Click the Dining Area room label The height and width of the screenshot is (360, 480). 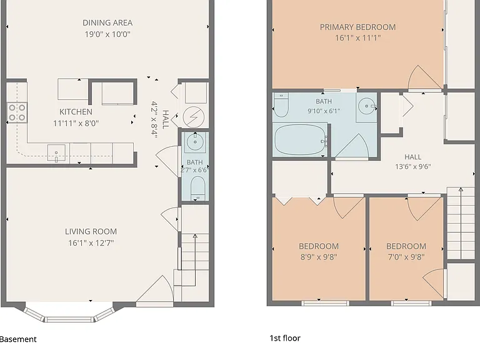click(x=107, y=23)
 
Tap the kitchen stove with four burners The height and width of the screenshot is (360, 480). click(x=17, y=112)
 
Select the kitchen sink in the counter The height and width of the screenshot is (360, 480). click(x=56, y=153)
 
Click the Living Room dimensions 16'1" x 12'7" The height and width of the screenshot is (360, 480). click(x=91, y=243)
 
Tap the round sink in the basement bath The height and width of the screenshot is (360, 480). click(x=195, y=142)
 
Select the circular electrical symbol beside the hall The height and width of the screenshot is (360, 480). click(x=194, y=117)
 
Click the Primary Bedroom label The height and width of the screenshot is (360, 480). click(x=358, y=27)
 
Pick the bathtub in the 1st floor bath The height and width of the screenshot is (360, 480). click(x=300, y=140)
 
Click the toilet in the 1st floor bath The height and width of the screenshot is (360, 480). click(x=281, y=105)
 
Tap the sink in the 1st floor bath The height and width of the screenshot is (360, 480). click(x=366, y=106)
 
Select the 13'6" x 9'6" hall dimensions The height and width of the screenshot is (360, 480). click(x=413, y=166)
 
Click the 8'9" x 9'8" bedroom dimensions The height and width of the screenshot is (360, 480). click(x=319, y=257)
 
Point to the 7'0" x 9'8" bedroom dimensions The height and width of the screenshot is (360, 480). click(x=406, y=257)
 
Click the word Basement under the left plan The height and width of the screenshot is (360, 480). click(x=17, y=339)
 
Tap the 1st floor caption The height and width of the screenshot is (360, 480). click(x=285, y=338)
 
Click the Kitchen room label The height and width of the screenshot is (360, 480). click(x=76, y=112)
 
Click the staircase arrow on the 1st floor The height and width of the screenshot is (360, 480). click(x=461, y=223)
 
